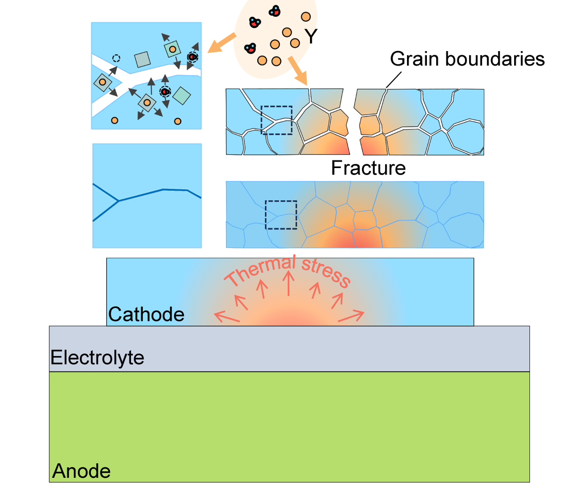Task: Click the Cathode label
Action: pos(146,314)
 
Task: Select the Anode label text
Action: pos(81,471)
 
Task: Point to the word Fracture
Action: pos(368,168)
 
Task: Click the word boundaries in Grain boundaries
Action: pos(495,59)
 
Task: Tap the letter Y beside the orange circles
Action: pos(311,36)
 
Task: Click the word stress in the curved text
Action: pos(326,272)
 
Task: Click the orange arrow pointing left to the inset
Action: pos(221,43)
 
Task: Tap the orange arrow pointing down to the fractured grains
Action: pos(298,71)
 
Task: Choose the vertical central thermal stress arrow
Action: pos(289,283)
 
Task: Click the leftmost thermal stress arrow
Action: pos(227,317)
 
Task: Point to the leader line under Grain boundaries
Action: pos(394,80)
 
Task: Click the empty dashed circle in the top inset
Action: pos(116,59)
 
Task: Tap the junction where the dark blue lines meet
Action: pos(118,201)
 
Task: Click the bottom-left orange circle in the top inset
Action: pos(115,120)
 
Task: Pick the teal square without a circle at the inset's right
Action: pos(181,96)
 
